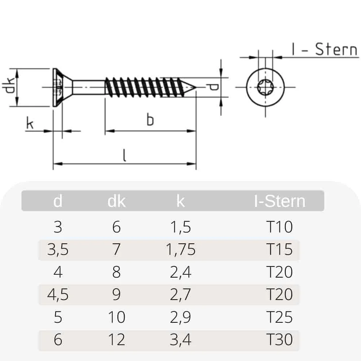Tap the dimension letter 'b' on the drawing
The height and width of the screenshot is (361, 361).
tap(150, 119)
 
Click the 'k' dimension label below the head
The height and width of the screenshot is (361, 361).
tap(30, 123)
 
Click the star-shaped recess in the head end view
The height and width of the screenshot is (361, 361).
tap(265, 87)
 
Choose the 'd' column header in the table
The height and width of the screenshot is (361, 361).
tap(58, 201)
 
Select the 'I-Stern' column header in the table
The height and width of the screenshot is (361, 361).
tap(279, 201)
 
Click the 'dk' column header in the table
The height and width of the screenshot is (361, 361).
tap(116, 201)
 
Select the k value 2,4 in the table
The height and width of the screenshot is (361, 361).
tap(180, 272)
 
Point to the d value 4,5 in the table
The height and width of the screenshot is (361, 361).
tap(58, 295)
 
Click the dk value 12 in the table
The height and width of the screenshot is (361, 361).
tap(116, 340)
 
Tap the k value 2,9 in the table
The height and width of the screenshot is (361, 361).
tap(180, 317)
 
